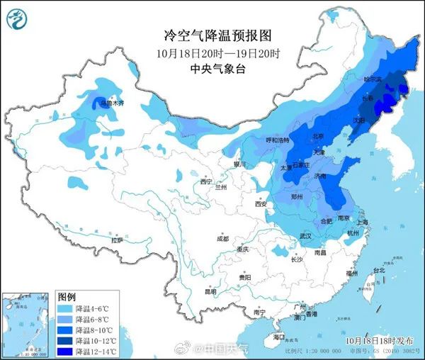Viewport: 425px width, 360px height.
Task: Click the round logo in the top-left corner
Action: [18, 19]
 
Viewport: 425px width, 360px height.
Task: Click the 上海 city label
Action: [363, 223]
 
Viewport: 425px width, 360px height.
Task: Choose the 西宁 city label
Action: [206, 182]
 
